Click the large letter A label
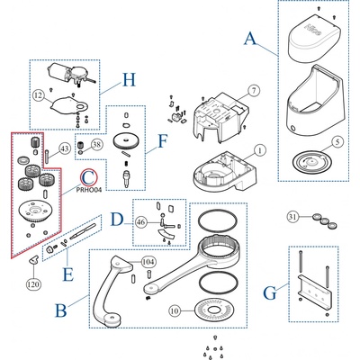(250, 39)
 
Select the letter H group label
(129, 80)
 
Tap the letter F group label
(162, 141)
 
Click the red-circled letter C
(88, 177)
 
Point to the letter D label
(117, 220)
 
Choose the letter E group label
(68, 274)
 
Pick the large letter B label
(61, 310)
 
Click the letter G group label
(270, 293)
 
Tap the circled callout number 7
(254, 91)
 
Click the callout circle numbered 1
(260, 150)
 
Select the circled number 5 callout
(337, 142)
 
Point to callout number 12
(39, 96)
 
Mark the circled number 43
(65, 148)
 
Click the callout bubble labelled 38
(96, 145)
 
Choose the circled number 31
(292, 216)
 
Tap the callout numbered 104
(148, 262)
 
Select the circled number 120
(33, 283)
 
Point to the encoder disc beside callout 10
(215, 310)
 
